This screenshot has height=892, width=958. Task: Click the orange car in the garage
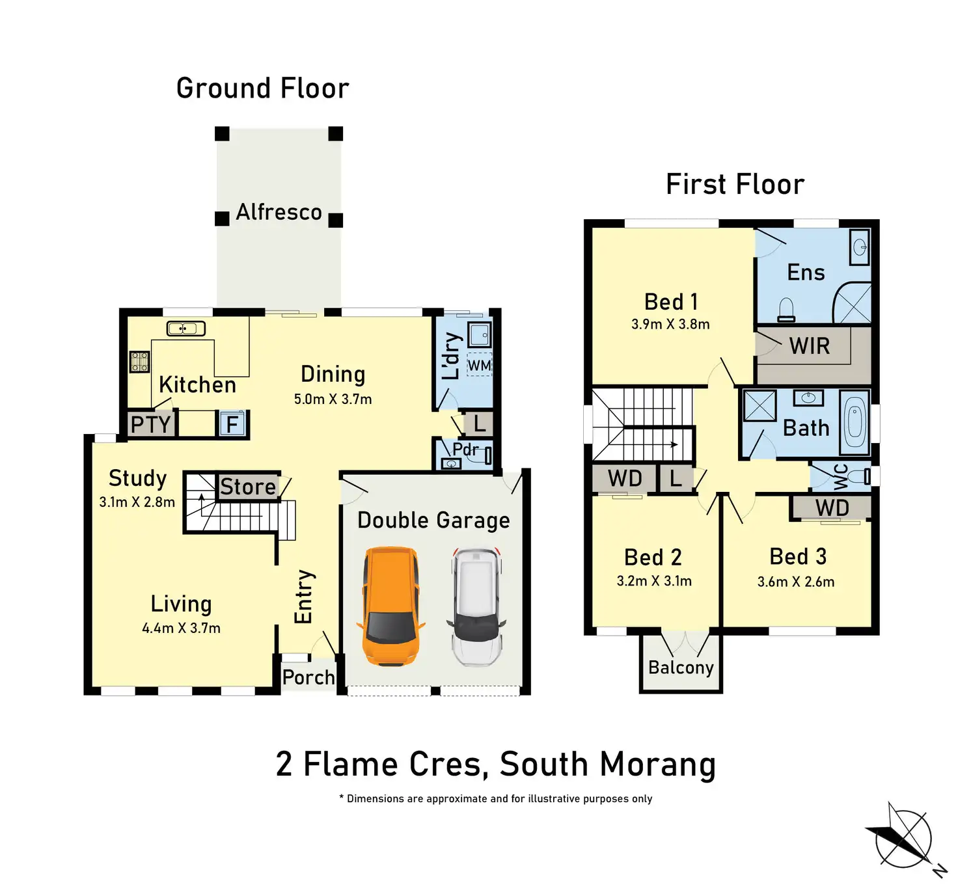click(390, 606)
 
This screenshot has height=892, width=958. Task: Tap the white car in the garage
click(476, 606)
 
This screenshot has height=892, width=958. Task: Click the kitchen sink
click(185, 329)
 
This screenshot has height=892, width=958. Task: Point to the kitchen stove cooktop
click(139, 361)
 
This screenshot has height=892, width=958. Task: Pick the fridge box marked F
click(232, 424)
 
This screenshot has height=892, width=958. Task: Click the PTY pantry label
click(151, 425)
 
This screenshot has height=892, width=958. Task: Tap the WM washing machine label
click(480, 366)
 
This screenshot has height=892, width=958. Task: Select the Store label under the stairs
click(248, 487)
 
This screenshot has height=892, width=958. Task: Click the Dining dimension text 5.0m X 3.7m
click(333, 399)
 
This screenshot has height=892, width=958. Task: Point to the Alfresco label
click(279, 212)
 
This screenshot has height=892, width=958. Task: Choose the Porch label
click(308, 677)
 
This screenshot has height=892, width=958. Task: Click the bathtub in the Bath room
click(855, 422)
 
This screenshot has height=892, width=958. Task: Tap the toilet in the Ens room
click(786, 309)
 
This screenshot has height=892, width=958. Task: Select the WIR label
click(810, 346)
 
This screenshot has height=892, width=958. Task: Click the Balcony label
click(681, 668)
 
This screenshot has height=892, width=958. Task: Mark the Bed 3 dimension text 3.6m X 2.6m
click(796, 582)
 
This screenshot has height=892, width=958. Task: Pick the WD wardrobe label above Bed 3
click(832, 508)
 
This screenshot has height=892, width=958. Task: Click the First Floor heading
click(735, 184)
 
